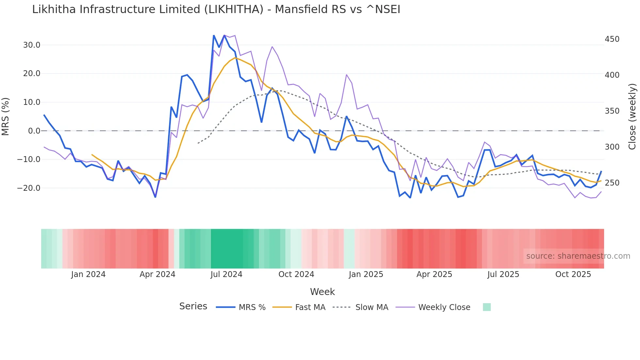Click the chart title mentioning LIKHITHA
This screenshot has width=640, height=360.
coord(216,9)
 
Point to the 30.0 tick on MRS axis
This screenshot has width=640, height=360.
coord(32,45)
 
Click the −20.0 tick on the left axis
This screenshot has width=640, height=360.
coord(29,188)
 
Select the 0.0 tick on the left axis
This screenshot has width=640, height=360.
coord(34,131)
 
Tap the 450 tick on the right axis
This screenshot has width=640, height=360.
coord(612,39)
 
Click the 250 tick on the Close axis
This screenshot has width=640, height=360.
coord(612,183)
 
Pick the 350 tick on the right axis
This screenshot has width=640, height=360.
coord(612,111)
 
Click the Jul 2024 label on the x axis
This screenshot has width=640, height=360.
coord(226,274)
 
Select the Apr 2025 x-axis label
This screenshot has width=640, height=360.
coord(434,274)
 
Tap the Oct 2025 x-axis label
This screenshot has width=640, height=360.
coord(573,274)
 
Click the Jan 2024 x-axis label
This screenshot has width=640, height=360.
coord(88,274)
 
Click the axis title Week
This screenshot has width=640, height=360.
coord(322,292)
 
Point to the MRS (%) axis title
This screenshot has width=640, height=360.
coord(6,117)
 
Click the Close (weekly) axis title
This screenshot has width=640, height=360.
coord(632,117)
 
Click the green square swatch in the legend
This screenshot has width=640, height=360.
coord(487,307)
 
